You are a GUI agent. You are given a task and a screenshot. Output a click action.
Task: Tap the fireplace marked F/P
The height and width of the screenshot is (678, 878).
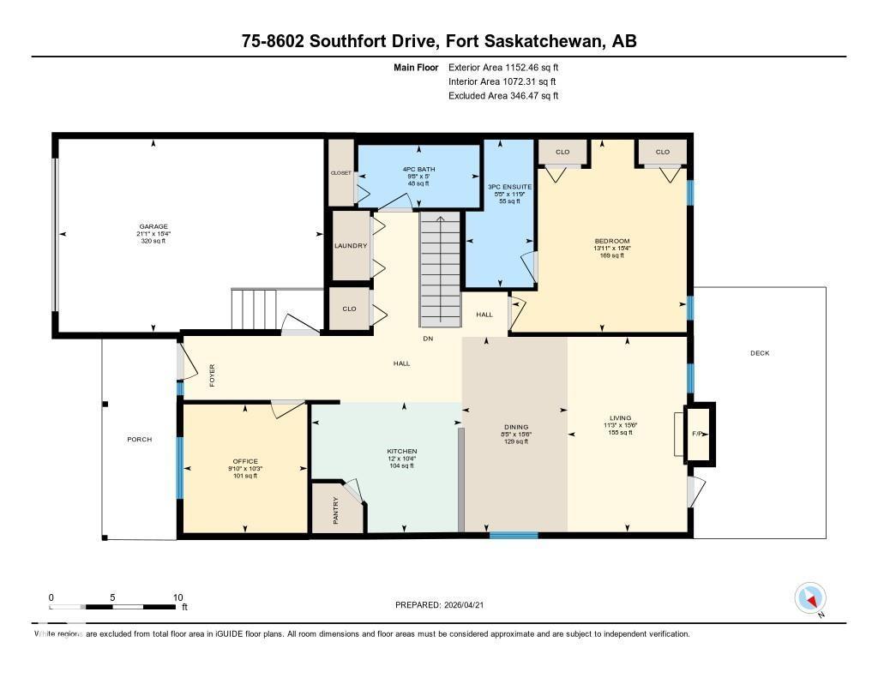pos(699,434)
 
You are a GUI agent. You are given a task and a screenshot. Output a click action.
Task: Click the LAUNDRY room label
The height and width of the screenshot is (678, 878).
pos(351,246)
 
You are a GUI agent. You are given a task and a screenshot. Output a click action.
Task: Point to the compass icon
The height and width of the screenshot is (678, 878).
pos(810,597)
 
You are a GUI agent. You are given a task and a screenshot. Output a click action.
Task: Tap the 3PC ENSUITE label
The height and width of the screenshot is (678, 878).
pos(509,186)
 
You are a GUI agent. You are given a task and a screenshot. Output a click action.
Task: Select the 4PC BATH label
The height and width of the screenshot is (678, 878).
pos(418,169)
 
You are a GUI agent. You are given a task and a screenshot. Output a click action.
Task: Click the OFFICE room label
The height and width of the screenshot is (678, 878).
pos(245,461)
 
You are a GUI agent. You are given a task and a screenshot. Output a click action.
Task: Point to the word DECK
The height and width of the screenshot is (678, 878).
pos(760,353)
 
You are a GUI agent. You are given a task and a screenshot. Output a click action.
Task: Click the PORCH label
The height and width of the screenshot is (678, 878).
pos(139,439)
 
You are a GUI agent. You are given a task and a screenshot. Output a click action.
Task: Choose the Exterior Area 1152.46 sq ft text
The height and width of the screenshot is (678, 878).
pos(503,67)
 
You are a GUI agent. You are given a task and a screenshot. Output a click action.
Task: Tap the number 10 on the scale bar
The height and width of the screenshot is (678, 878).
pos(178,597)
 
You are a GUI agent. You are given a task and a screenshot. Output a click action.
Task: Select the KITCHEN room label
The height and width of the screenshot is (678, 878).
pos(401,451)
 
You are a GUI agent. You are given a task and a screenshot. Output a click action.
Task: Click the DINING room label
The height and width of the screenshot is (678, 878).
pos(516,427)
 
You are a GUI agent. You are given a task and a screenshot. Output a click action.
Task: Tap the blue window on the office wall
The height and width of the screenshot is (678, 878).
pos(179,468)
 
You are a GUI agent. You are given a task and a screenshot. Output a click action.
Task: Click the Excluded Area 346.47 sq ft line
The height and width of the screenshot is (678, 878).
pos(503,96)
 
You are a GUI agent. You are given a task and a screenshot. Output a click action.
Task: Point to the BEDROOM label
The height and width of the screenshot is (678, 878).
pos(612,241)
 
